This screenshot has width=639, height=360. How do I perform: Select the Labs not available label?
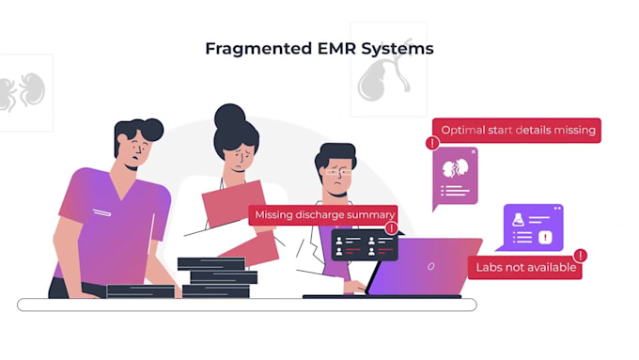(523, 267)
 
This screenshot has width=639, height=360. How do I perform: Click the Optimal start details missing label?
(518, 131)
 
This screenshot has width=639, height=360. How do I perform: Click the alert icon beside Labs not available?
(581, 255)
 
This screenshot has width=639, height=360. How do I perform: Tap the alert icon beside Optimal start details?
(432, 144)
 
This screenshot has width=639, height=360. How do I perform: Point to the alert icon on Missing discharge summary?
(391, 227)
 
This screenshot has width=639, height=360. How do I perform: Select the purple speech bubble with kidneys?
(456, 176)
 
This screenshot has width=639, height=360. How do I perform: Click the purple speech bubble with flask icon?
(533, 227)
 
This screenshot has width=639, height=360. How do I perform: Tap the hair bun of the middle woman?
(228, 116)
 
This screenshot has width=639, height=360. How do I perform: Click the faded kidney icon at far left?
(21, 92)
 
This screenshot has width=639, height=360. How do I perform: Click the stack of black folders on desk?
(218, 276)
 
